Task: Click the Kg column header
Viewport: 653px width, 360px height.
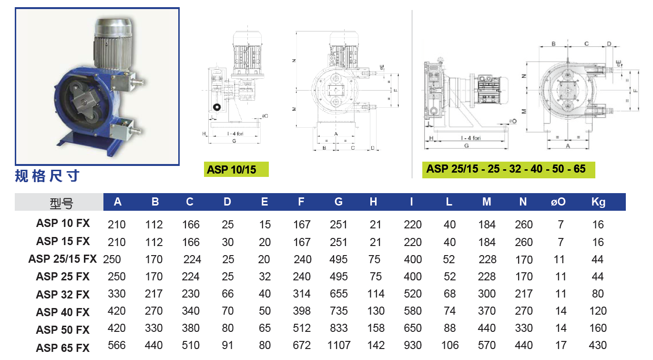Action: pyautogui.click(x=598, y=202)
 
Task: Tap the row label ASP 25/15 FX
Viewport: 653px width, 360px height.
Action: pyautogui.click(x=62, y=259)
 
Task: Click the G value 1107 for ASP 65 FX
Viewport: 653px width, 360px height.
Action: pyautogui.click(x=339, y=345)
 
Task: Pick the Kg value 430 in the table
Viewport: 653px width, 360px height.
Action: pyautogui.click(x=598, y=345)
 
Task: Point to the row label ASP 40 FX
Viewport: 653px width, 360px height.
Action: pyautogui.click(x=63, y=312)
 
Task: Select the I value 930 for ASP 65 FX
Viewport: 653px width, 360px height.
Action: pyautogui.click(x=412, y=345)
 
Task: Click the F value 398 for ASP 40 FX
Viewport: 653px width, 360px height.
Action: pyautogui.click(x=302, y=311)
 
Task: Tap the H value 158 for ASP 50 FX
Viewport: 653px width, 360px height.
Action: pyautogui.click(x=376, y=329)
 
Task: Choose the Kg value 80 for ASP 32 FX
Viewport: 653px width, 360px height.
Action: pyautogui.click(x=598, y=294)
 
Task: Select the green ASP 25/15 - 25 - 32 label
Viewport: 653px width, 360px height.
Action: pyautogui.click(x=506, y=169)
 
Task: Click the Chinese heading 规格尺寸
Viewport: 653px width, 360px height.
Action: pyautogui.click(x=47, y=176)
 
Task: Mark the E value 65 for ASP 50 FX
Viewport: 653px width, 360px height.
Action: pyautogui.click(x=265, y=329)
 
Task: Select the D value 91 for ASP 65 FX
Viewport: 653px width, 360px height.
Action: pyautogui.click(x=227, y=345)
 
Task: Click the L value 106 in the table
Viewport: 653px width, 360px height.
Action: pyautogui.click(x=449, y=345)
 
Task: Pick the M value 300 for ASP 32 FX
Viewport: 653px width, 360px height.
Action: pyautogui.click(x=487, y=294)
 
